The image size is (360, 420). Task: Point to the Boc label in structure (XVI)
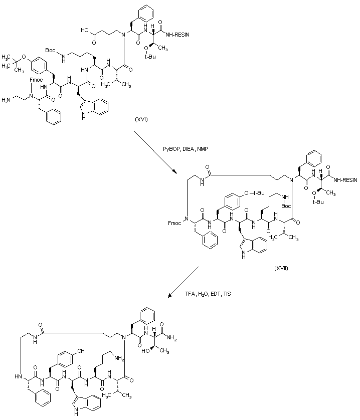click(51, 51)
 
